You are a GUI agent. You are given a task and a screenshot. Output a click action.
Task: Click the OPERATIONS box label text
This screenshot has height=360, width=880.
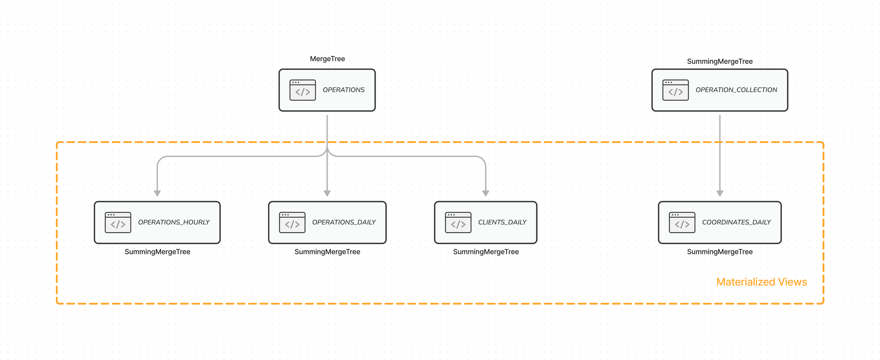[344, 90]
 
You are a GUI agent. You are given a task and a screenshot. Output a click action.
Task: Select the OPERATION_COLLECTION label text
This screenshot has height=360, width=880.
[736, 90]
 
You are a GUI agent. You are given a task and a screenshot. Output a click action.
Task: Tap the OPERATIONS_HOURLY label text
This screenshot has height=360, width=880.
[174, 222]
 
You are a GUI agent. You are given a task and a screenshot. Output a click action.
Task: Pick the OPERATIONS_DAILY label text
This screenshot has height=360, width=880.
[344, 222]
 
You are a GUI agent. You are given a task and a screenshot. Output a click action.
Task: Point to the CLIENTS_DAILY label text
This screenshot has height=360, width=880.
[502, 222]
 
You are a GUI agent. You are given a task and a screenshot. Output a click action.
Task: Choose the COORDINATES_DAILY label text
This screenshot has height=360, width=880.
[736, 222]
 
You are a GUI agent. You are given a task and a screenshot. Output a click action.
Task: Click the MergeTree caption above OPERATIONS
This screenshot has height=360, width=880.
[327, 59]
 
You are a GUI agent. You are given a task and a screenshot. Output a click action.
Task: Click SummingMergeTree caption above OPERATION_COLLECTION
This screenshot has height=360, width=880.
[720, 62]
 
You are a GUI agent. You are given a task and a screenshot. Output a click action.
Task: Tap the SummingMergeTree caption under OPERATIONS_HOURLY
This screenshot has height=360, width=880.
[158, 252]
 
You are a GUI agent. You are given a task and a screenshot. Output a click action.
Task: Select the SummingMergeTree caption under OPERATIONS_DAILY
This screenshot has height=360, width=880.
[327, 252]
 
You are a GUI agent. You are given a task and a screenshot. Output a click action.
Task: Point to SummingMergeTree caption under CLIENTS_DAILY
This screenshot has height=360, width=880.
[486, 252]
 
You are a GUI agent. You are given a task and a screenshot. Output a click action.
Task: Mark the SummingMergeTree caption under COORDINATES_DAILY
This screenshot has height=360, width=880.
[720, 252]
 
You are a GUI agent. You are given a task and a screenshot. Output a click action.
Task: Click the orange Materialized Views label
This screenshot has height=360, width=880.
[761, 282]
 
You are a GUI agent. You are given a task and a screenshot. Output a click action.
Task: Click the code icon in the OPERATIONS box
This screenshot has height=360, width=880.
[303, 90]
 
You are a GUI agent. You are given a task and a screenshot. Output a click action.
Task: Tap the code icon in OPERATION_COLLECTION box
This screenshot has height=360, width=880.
[675, 90]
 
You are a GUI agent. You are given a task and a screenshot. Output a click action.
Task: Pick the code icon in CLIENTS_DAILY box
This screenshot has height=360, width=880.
[458, 223]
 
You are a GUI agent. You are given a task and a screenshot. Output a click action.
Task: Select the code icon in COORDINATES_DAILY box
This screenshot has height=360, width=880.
[682, 223]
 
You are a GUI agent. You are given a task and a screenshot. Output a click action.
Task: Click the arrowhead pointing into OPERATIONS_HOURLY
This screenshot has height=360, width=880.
[158, 193]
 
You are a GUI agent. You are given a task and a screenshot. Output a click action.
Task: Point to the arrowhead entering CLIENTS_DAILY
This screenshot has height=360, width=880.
[486, 193]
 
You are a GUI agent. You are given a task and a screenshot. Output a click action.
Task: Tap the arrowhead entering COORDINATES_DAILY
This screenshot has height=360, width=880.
[720, 193]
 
